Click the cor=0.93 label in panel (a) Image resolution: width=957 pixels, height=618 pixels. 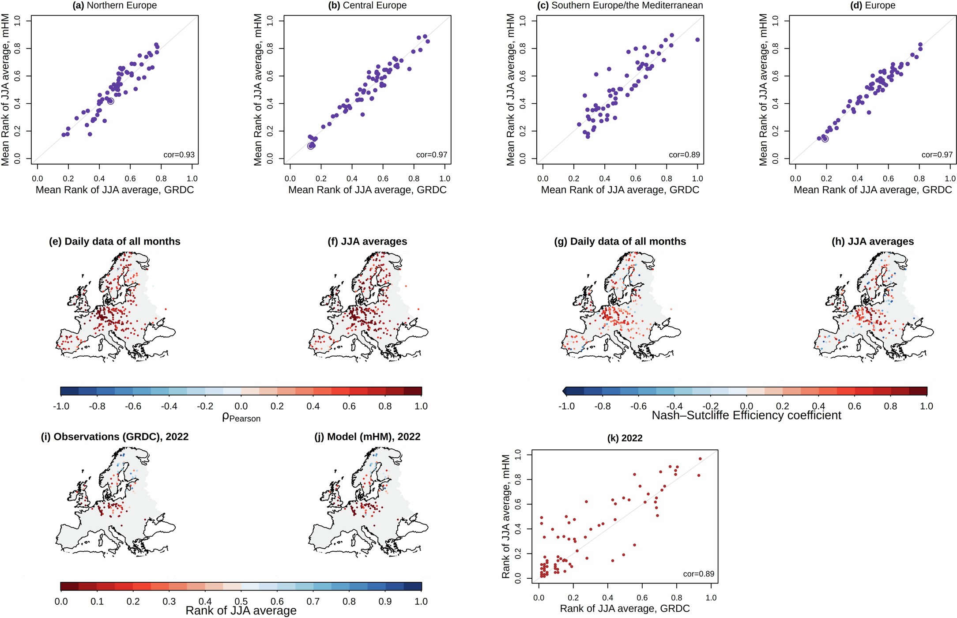click(179, 155)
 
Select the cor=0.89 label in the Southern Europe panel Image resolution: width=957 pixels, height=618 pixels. click(684, 155)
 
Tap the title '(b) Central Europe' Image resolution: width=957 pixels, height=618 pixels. click(367, 6)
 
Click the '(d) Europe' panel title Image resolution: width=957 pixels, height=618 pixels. click(873, 6)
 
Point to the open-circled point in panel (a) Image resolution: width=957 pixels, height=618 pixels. click(110, 101)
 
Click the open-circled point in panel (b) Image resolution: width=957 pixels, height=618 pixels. click(311, 146)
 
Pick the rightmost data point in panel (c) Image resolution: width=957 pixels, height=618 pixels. click(697, 40)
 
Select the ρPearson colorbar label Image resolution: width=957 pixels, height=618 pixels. click(241, 417)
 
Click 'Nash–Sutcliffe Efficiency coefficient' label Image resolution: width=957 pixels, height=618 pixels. click(746, 416)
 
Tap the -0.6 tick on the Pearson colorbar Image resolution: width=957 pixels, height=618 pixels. click(133, 406)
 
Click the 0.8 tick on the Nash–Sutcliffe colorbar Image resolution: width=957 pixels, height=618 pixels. click(890, 406)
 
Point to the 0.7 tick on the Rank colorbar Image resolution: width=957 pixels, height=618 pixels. click(313, 601)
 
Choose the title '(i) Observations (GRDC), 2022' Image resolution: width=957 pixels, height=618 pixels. click(115, 437)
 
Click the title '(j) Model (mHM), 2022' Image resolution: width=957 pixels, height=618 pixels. click(367, 437)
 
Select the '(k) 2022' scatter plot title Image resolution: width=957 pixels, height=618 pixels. click(625, 438)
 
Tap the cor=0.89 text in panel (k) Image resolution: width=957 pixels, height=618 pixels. click(698, 574)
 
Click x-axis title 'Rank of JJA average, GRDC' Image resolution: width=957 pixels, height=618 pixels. click(625, 609)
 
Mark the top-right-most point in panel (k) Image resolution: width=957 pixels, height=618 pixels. click(700, 459)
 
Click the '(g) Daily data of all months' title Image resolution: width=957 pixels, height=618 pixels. click(620, 242)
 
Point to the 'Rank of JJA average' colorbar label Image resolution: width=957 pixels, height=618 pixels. click(241, 611)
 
